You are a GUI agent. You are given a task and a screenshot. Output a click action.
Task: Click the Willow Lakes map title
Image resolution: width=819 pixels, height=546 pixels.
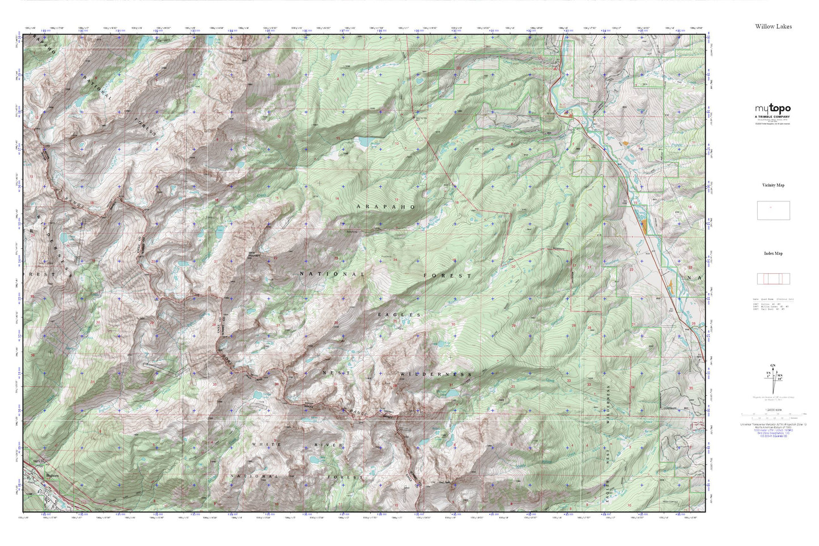coord(773,27)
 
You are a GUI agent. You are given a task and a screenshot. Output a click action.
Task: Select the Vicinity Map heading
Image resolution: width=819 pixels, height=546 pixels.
coord(773,185)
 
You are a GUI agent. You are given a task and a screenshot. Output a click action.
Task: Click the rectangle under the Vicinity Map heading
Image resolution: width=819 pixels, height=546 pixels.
coord(773,210)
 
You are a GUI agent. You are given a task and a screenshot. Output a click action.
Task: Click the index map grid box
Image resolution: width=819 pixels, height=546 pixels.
coord(773,279)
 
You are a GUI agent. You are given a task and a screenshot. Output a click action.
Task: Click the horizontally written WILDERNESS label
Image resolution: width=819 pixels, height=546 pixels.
coord(435,375)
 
